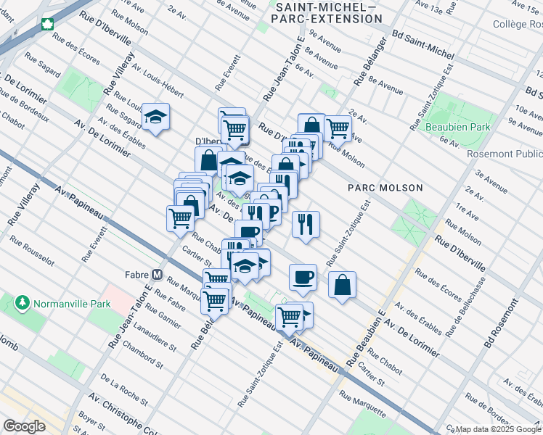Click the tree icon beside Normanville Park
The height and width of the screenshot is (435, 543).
click(x=23, y=301)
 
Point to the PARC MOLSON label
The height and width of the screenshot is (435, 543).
click(x=385, y=188)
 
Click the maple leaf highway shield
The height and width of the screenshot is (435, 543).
click(x=49, y=24)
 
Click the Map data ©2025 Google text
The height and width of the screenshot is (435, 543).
click(x=498, y=429)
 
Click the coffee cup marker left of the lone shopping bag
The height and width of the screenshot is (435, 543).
click(x=303, y=277)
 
